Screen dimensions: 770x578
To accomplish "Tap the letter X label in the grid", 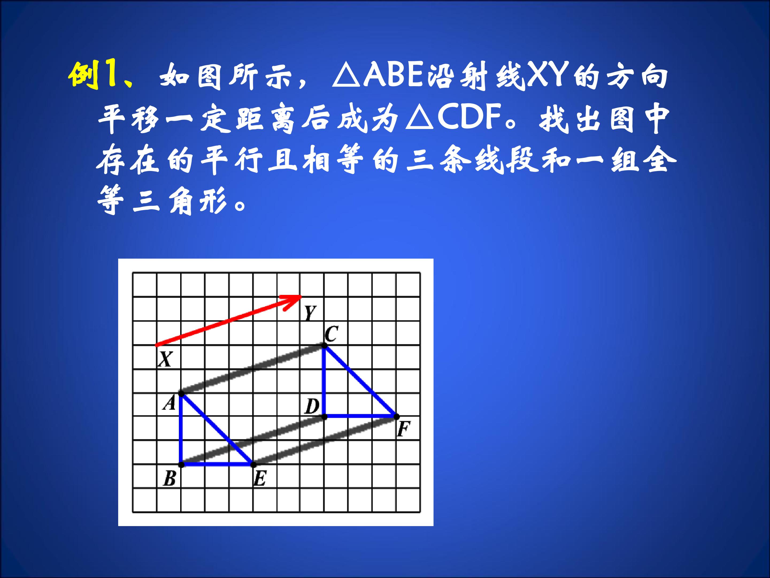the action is (x=165, y=359).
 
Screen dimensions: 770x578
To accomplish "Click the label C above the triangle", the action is (x=331, y=334).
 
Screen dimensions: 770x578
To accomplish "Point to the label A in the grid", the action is (x=170, y=404).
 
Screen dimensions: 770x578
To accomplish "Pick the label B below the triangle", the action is (x=170, y=479).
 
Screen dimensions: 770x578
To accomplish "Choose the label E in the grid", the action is (x=260, y=479).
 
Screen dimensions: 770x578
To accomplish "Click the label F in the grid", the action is (x=403, y=429).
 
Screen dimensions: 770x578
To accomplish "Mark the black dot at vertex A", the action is (x=181, y=394).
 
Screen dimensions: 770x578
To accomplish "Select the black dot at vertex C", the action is (x=324, y=345).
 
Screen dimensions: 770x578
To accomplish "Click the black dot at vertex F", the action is (x=396, y=416).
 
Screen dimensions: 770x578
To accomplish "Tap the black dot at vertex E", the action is (x=253, y=465).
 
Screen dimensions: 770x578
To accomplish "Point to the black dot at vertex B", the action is (x=181, y=465).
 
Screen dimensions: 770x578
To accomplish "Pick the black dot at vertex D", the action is (x=324, y=416).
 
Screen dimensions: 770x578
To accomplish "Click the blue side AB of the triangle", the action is (x=181, y=429).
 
